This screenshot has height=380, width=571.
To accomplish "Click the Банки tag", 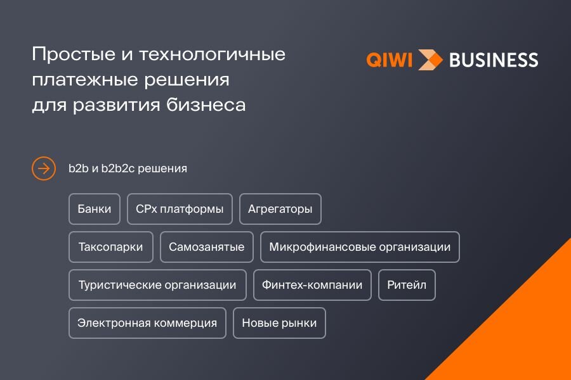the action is point(95,209).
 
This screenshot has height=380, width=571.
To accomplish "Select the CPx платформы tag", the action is point(180,209).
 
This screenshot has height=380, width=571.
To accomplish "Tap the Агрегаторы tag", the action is point(280,209).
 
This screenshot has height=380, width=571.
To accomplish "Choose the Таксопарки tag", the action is point(110,247).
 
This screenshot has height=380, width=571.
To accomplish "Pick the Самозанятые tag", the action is point(206,247).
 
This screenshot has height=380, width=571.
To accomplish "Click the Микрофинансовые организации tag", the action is point(360,247).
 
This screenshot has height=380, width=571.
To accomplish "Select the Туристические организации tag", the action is point(157,285).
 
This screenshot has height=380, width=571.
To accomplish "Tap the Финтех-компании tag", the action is point(312,285).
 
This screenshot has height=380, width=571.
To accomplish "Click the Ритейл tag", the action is point(407,285).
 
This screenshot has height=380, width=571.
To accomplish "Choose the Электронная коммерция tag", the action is point(147,323).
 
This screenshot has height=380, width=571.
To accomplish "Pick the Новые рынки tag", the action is point(279,323).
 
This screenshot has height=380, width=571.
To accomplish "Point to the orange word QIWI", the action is point(390,60).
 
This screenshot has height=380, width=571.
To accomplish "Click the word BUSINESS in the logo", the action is point(494,60).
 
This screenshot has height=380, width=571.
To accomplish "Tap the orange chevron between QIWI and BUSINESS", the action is point(430,60).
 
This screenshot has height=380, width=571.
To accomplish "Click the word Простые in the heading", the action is point(74,54).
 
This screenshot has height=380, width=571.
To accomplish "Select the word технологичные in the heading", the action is point(213,54).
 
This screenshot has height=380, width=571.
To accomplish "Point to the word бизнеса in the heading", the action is point(206,104).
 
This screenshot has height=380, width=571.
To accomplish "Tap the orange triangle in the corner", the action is point(525,334).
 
